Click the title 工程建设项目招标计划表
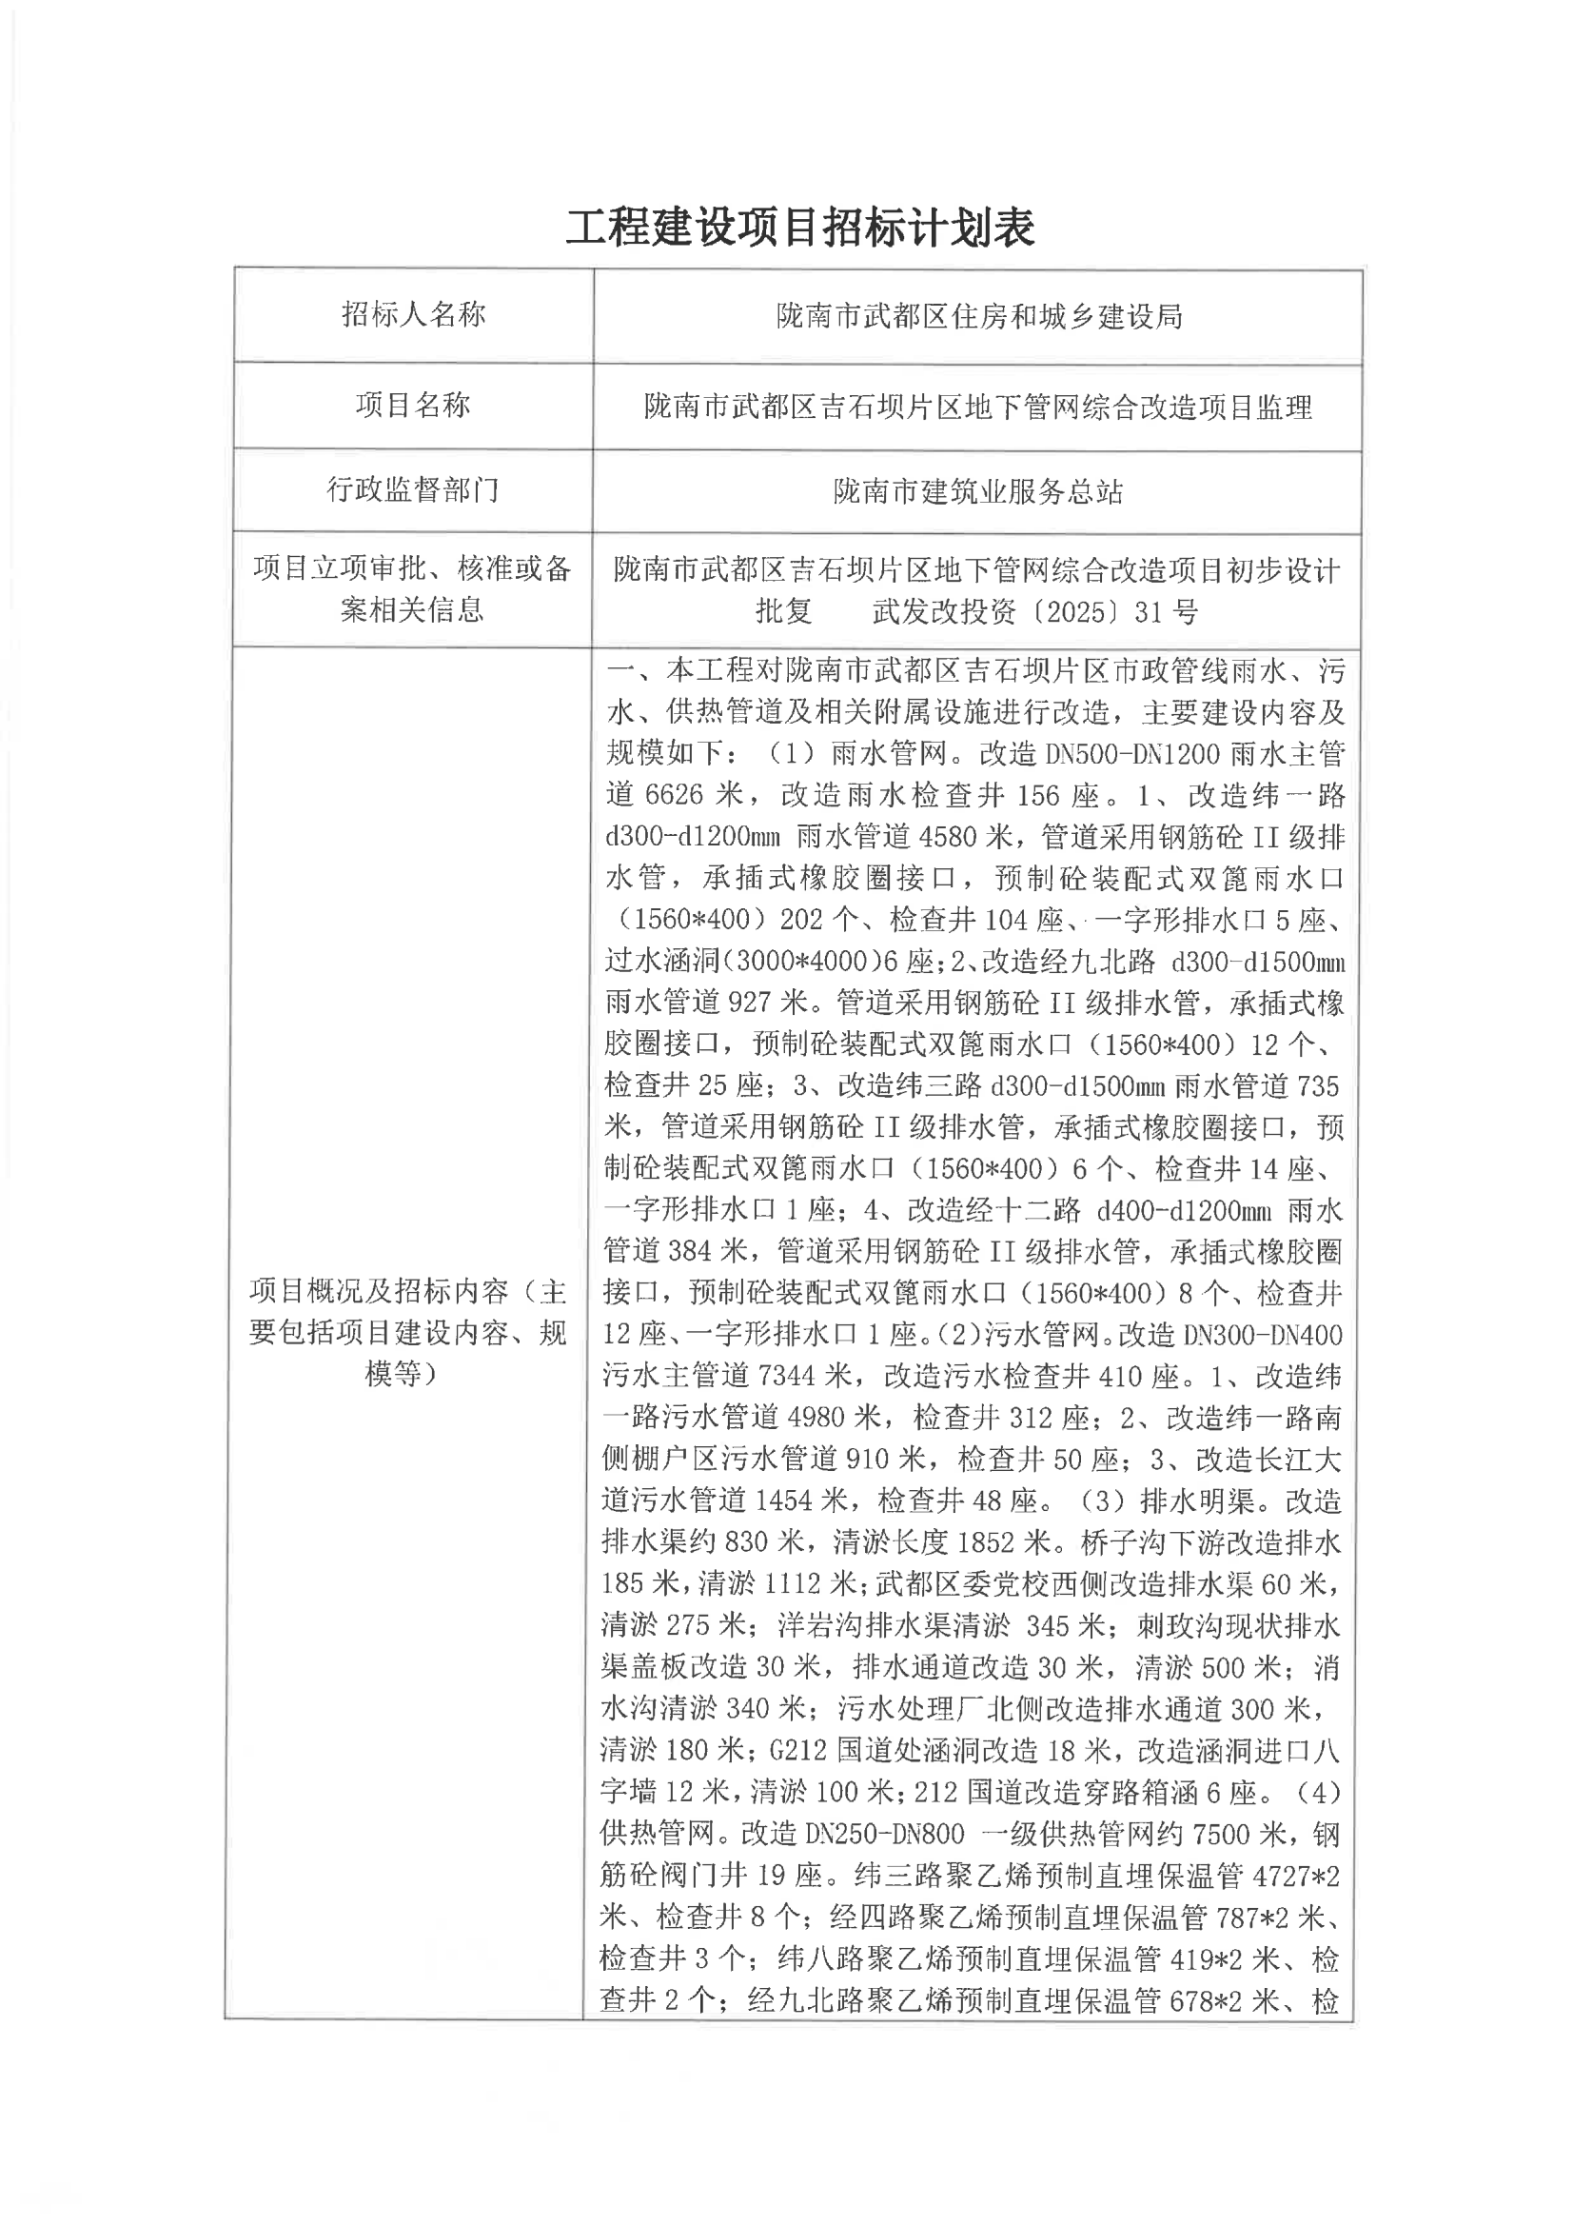(799, 228)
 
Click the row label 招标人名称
(413, 314)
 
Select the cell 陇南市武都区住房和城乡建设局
(979, 316)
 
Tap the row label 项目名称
(413, 405)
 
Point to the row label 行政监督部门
(413, 489)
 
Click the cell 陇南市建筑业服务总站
(978, 492)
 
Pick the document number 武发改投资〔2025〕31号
(1035, 612)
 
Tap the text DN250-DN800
(885, 1834)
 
